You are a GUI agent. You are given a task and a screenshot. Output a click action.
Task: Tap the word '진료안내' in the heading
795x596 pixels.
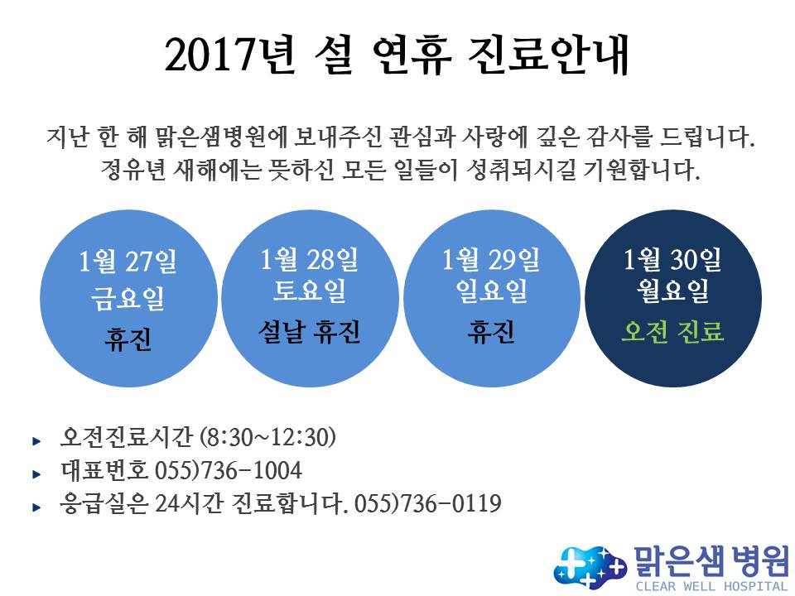547,55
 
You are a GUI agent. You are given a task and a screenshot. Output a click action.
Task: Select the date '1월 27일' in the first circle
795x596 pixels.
128,262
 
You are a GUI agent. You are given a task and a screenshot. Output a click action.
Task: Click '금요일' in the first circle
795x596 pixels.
128,298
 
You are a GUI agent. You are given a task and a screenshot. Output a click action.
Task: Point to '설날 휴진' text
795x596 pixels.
309,333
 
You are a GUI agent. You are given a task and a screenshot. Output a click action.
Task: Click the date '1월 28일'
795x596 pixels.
309,259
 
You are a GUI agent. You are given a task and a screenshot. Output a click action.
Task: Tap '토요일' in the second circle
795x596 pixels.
309,291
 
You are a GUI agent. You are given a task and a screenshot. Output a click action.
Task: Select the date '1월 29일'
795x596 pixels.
491,259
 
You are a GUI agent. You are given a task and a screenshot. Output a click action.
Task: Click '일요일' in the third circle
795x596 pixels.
491,291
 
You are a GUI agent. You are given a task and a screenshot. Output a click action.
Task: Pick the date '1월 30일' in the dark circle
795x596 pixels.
672,259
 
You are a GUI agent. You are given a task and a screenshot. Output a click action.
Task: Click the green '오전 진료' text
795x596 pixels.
672,331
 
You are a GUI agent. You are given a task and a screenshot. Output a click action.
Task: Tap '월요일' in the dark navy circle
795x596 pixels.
672,291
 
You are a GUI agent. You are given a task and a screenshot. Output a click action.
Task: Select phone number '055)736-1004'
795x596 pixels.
229,470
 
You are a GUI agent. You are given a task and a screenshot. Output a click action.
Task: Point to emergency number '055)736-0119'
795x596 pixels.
428,503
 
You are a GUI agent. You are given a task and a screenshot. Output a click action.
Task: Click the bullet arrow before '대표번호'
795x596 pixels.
36,474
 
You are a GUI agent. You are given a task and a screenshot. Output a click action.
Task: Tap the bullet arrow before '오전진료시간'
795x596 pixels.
36,441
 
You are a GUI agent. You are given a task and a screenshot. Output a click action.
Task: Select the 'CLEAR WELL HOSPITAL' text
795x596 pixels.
711,587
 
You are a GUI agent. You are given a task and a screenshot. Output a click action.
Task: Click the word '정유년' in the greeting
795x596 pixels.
132,170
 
